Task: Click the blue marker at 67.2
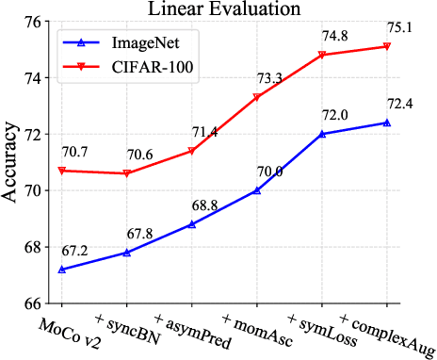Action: [x=61, y=270]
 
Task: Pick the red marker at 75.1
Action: [x=386, y=46]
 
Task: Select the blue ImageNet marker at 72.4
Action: [x=386, y=123]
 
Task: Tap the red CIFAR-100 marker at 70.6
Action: [x=126, y=173]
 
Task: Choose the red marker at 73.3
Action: [x=256, y=97]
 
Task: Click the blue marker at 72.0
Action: [x=321, y=134]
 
